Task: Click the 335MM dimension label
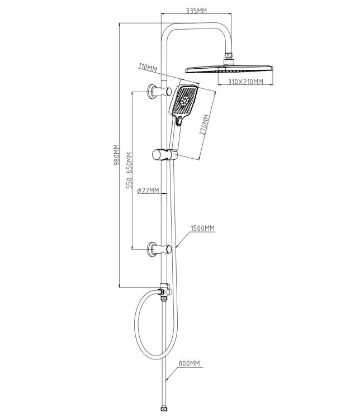[196, 11]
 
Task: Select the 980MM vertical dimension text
[117, 155]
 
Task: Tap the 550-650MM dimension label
[129, 170]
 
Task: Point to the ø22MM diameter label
[148, 191]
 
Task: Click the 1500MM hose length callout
[202, 228]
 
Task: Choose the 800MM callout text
[189, 363]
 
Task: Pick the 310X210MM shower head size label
[245, 82]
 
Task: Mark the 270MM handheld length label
[205, 125]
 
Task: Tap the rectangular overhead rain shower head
[229, 69]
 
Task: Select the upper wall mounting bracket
[159, 92]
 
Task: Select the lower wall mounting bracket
[159, 249]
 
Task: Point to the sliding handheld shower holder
[165, 155]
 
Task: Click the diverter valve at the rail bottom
[165, 292]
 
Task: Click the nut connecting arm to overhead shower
[229, 55]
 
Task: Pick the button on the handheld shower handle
[179, 121]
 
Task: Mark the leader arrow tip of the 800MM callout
[166, 381]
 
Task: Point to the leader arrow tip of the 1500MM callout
[176, 248]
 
